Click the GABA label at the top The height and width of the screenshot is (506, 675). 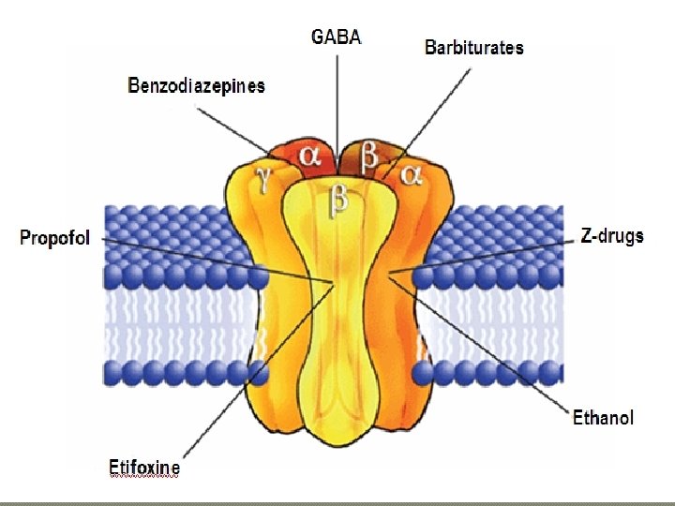(336, 37)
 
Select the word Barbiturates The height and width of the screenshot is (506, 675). (474, 47)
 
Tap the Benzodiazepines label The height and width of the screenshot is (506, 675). (197, 85)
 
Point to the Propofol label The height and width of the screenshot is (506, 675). (55, 238)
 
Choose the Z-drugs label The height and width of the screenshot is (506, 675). (612, 235)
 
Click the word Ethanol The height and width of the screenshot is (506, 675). (604, 418)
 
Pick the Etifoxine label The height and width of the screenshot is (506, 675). (143, 466)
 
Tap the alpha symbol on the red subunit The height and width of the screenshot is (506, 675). (310, 155)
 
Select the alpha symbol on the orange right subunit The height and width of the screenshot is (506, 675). (412, 175)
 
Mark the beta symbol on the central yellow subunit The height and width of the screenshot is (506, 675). (339, 201)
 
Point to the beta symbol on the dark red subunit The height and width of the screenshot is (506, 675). (370, 156)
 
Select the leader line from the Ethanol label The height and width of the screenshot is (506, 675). (487, 346)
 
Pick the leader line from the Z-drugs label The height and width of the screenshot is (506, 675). (487, 256)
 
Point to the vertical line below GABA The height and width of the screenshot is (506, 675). (336, 94)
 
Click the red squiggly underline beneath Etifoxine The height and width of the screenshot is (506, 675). (143, 477)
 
